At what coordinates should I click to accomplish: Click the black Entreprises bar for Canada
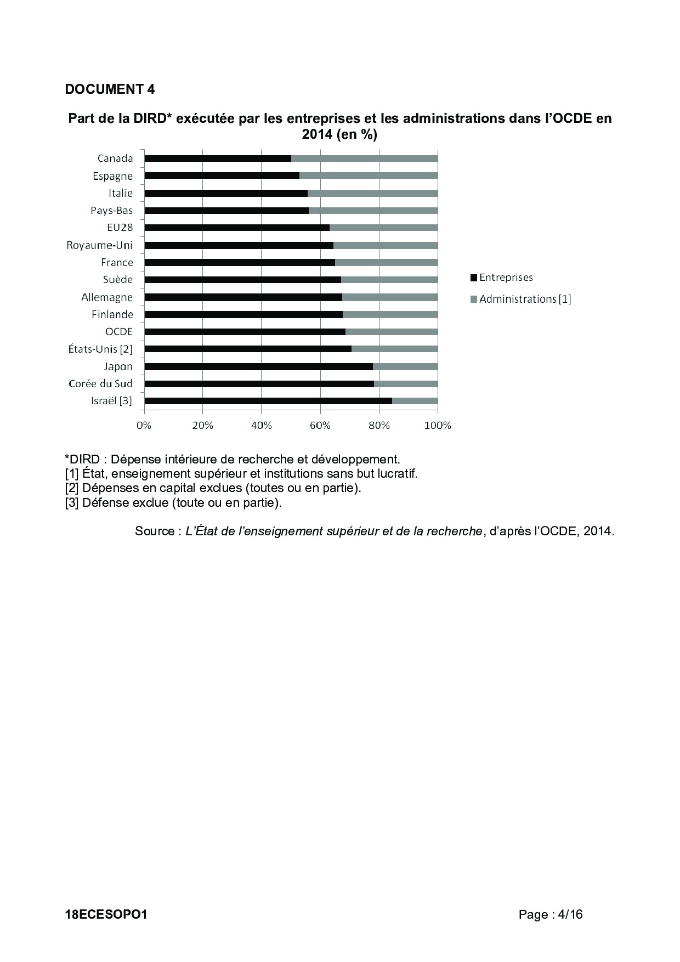coord(218,159)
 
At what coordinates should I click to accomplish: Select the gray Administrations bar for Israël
coord(415,401)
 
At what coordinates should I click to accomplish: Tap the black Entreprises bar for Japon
coord(258,366)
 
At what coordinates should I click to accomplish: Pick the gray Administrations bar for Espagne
coord(369,176)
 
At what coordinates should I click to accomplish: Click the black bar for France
coord(240,262)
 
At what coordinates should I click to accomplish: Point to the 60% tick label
coord(320,426)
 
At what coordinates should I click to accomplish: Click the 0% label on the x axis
coord(144,426)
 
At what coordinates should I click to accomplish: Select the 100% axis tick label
coord(438,426)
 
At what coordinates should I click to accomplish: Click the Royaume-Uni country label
coord(99,245)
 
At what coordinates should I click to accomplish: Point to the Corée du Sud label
coord(100,383)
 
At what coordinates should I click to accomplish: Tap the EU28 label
coord(120,228)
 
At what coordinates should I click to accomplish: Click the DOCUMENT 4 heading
coord(110,89)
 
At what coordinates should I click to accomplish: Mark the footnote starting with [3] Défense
coord(173,502)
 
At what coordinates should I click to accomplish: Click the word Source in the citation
coord(155,531)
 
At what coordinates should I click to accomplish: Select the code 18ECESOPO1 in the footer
coord(106,914)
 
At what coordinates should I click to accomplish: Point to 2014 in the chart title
coord(318,134)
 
